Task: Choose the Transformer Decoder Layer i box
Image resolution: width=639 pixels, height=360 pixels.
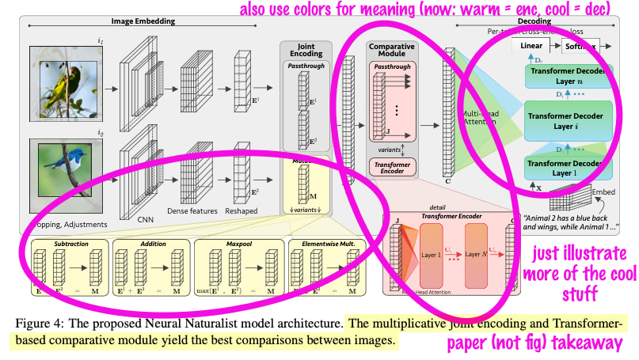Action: [x=565, y=120]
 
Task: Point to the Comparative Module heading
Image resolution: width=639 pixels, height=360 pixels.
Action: [x=393, y=52]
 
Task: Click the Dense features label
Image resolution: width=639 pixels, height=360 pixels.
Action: [x=191, y=210]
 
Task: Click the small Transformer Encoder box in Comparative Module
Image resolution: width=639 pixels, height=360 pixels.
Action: [x=394, y=169]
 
